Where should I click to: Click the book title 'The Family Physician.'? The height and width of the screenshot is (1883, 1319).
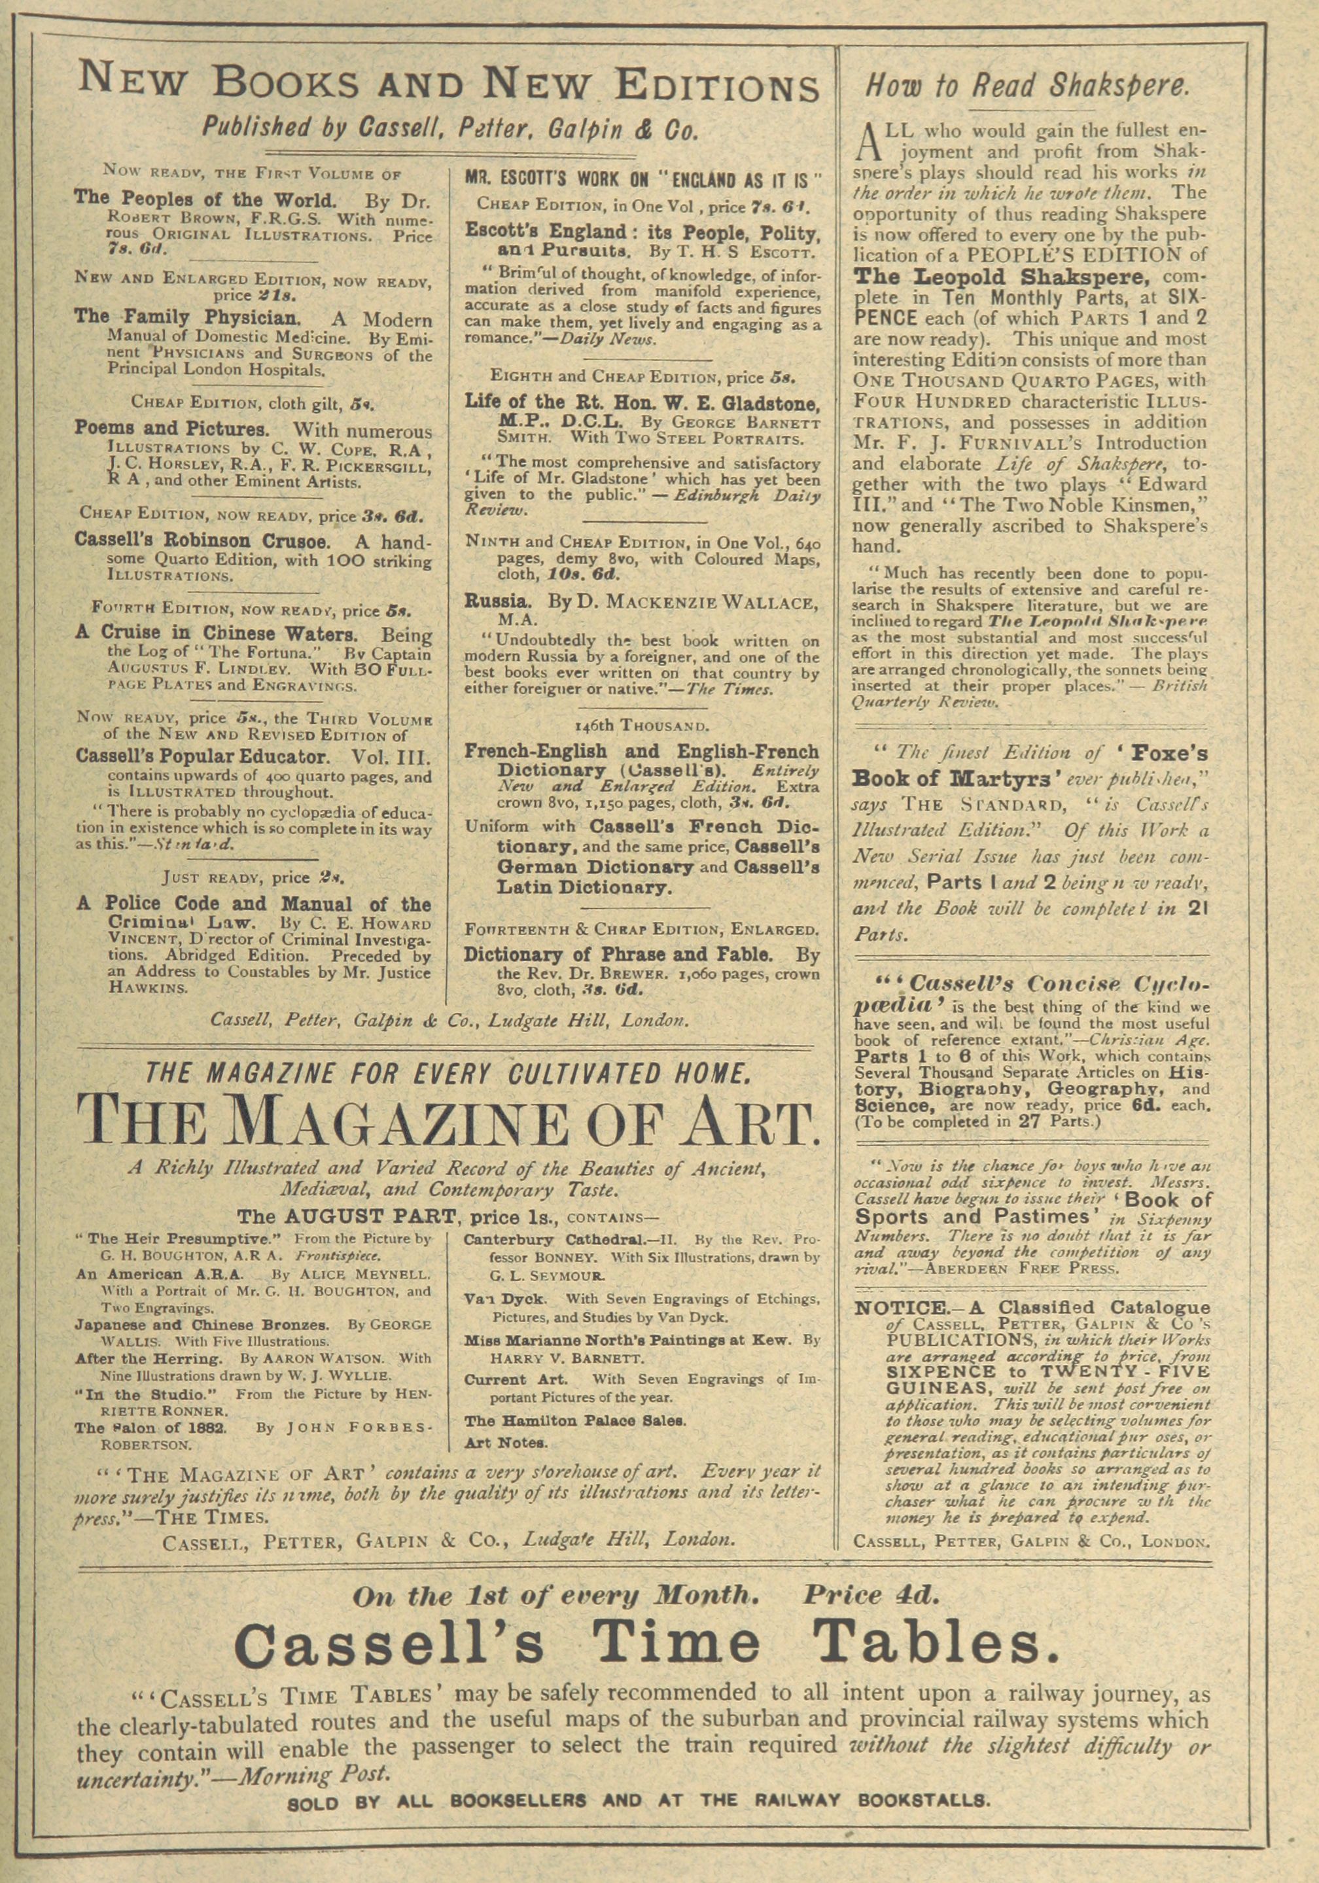click(190, 317)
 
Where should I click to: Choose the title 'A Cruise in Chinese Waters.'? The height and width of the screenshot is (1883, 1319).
click(217, 634)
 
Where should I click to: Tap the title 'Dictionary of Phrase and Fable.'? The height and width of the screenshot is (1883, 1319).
click(618, 954)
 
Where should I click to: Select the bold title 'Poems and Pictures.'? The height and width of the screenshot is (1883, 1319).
click(171, 429)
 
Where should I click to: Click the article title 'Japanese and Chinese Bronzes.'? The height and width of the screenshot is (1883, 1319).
click(202, 1324)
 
